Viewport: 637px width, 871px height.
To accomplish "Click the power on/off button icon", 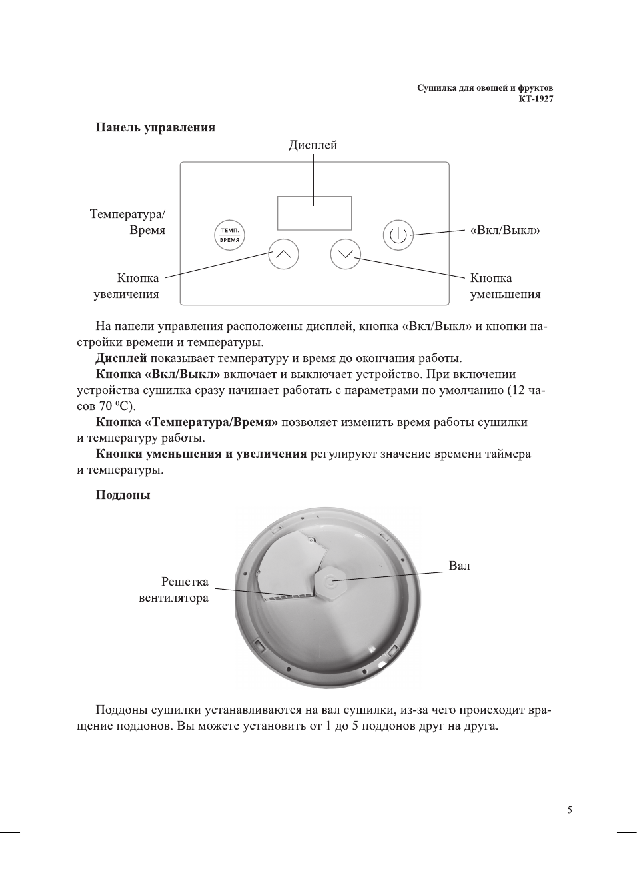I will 398,235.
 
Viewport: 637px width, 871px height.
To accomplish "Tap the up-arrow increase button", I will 283,254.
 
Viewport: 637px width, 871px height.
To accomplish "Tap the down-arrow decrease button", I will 345,254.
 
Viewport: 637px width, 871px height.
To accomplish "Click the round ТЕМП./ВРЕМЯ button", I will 229,235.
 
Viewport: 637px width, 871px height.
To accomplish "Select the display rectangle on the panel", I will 314,213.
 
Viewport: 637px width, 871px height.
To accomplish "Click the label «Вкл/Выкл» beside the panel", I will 504,231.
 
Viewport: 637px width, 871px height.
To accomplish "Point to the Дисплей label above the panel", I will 313,145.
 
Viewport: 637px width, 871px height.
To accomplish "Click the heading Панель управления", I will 155,127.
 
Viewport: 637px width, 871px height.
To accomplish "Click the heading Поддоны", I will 123,495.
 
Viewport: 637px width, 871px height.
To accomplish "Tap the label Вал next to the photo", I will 459,566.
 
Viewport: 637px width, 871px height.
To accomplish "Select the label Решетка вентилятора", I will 174,590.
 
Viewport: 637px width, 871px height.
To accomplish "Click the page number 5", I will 569,810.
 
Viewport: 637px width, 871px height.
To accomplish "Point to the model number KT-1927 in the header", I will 536,99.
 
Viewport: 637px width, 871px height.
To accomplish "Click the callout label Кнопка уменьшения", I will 504,286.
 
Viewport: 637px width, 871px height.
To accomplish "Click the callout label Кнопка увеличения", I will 127,286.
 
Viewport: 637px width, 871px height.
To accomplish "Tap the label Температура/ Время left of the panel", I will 127,222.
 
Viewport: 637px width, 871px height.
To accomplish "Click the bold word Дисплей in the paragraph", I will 121,358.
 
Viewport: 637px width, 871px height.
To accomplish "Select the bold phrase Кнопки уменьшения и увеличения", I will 201,454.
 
